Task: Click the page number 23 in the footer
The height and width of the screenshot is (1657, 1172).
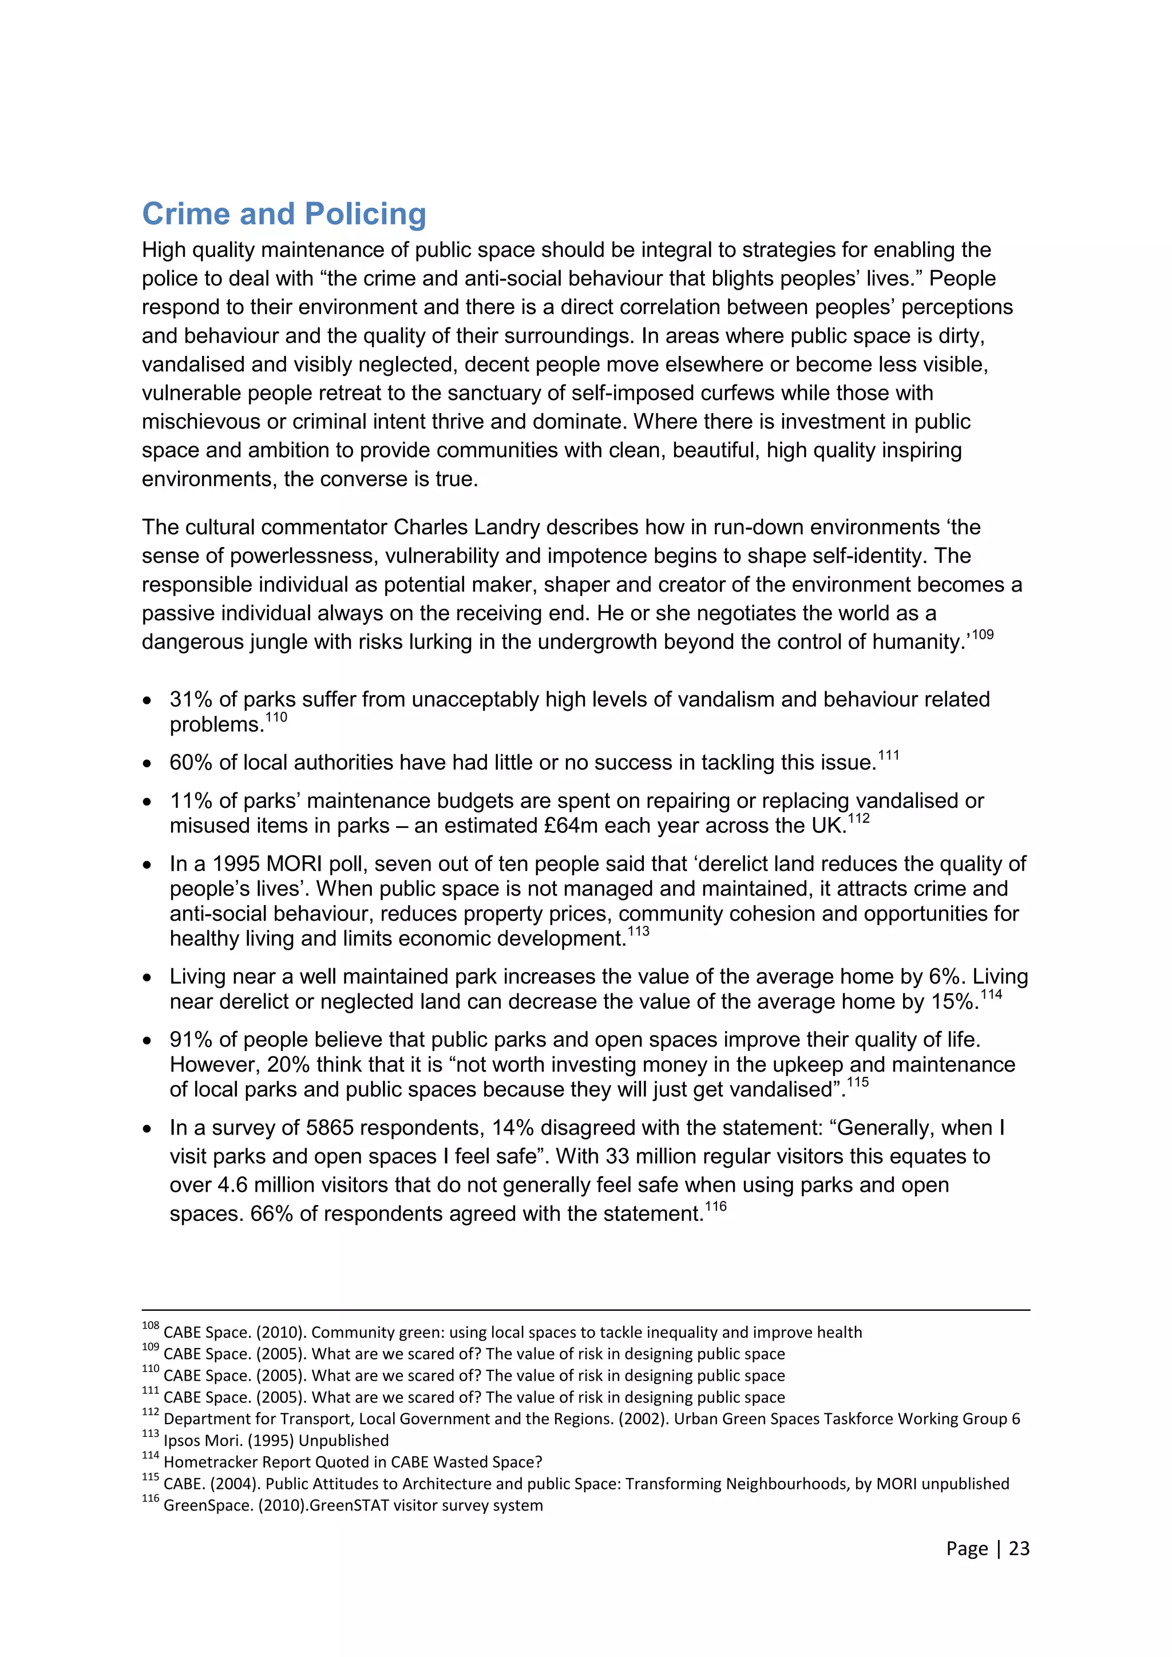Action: (1019, 1548)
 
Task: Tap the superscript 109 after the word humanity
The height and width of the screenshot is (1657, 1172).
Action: (982, 635)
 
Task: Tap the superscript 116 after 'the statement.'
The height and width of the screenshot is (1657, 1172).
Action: (715, 1206)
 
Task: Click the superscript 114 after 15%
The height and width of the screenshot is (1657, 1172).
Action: (991, 994)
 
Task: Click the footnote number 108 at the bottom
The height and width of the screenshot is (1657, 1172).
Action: (150, 1326)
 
